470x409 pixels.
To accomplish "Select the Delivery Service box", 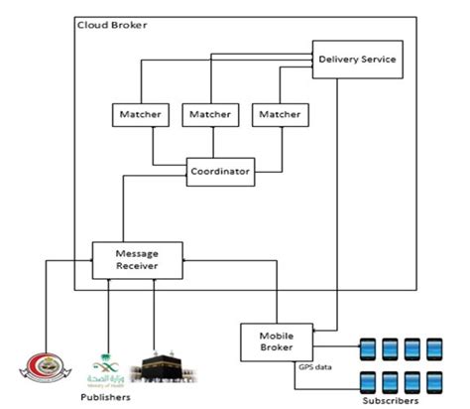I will [357, 60].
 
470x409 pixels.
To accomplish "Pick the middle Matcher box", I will [211, 116].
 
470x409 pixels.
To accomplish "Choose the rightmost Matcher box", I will [279, 116].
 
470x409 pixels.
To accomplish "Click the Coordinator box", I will [220, 172].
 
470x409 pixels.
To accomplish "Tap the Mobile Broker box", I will [275, 341].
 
